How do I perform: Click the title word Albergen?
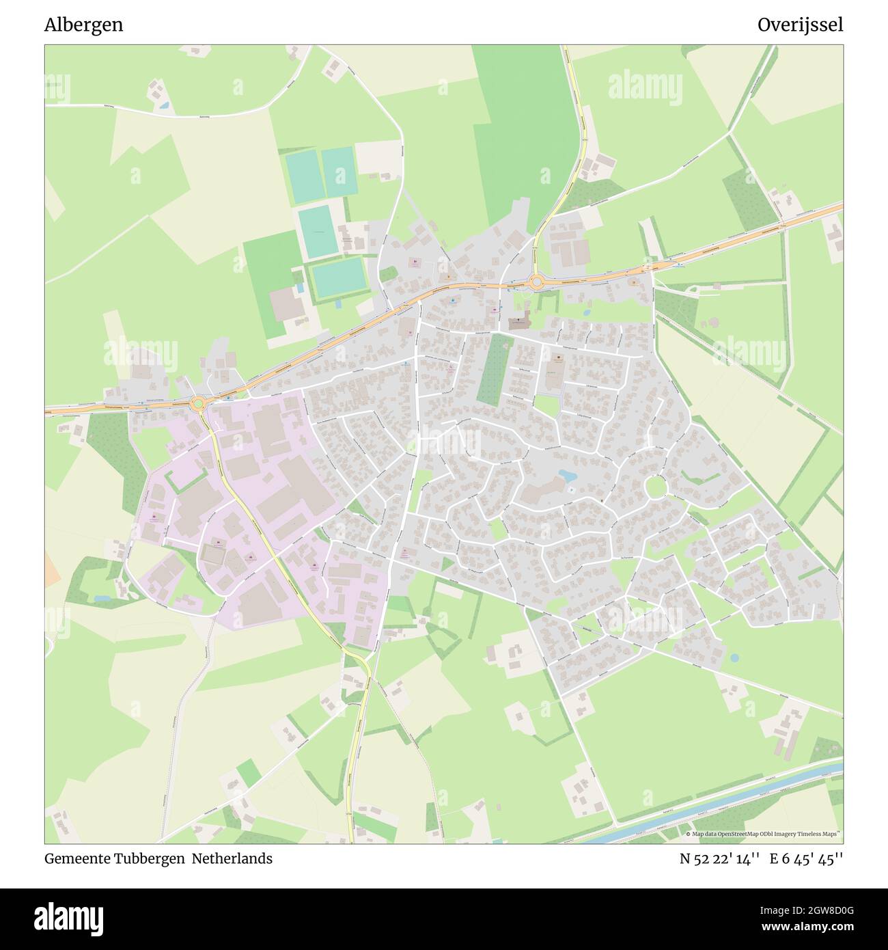(83, 25)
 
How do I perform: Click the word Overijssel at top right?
(800, 25)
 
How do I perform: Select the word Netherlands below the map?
(232, 859)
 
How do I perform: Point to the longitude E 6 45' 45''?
(806, 859)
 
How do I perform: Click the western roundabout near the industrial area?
(199, 404)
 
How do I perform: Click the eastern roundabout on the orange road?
(537, 281)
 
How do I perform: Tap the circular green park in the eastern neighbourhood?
(656, 487)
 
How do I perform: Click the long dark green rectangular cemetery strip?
(493, 369)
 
